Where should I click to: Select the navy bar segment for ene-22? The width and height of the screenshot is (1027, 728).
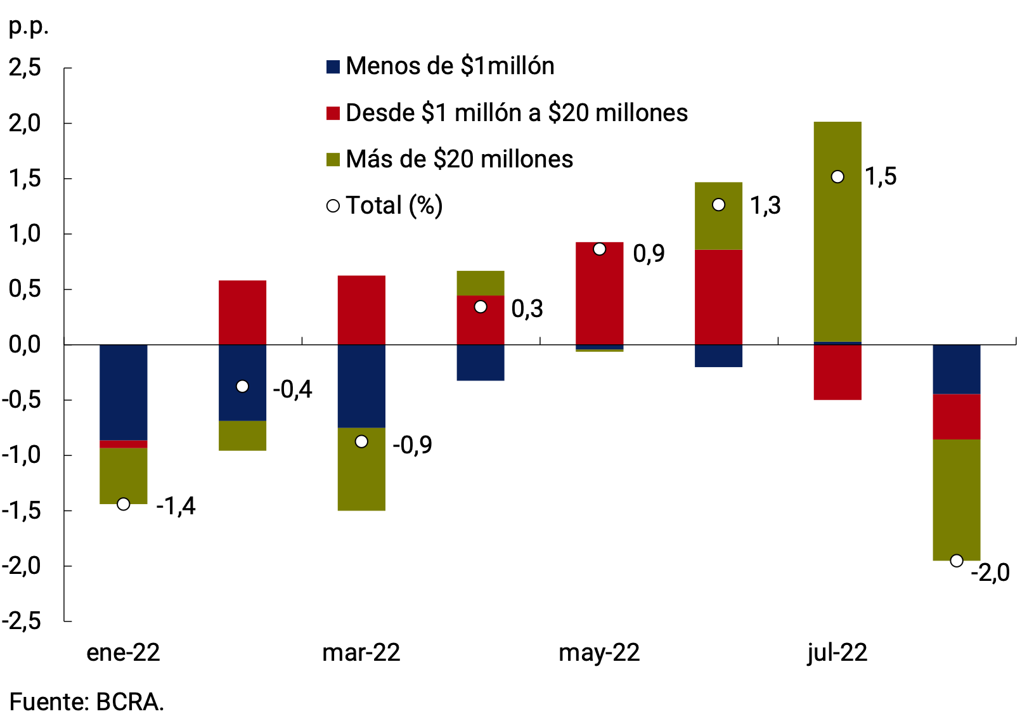point(124,392)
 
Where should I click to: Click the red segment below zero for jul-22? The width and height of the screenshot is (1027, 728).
point(837,372)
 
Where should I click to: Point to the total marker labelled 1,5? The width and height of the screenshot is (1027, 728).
point(837,177)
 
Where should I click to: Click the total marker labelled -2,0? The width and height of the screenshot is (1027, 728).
point(957,561)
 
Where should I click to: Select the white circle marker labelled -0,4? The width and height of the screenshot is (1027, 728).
point(242,386)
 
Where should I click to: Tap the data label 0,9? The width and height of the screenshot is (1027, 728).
point(649,254)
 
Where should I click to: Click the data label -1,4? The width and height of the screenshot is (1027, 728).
point(176,506)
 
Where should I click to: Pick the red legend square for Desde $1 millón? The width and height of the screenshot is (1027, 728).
point(333,113)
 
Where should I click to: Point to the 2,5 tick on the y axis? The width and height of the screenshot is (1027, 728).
point(25,67)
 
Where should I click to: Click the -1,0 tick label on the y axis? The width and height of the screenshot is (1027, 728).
point(22,455)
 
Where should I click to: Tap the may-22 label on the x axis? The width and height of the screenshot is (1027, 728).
point(599,653)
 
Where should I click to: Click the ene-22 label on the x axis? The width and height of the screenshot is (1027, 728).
point(124,653)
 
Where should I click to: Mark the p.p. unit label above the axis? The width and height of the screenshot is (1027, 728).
point(28,27)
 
